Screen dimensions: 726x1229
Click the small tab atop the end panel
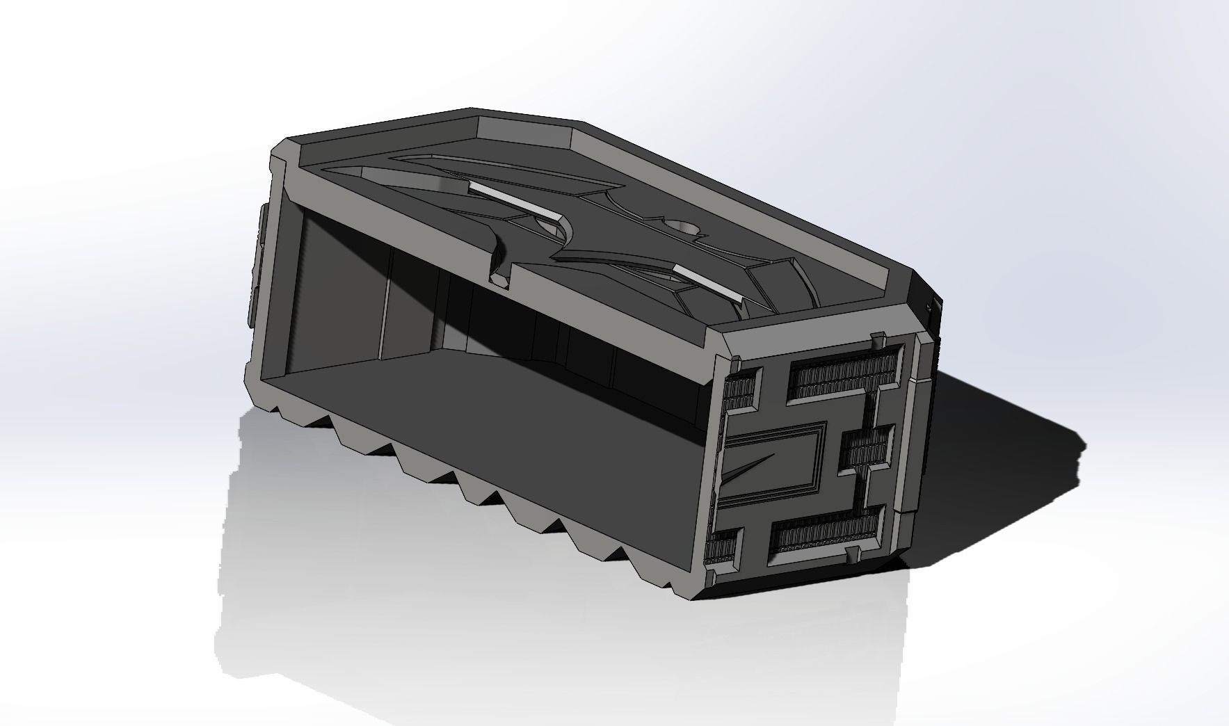tap(878, 339)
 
